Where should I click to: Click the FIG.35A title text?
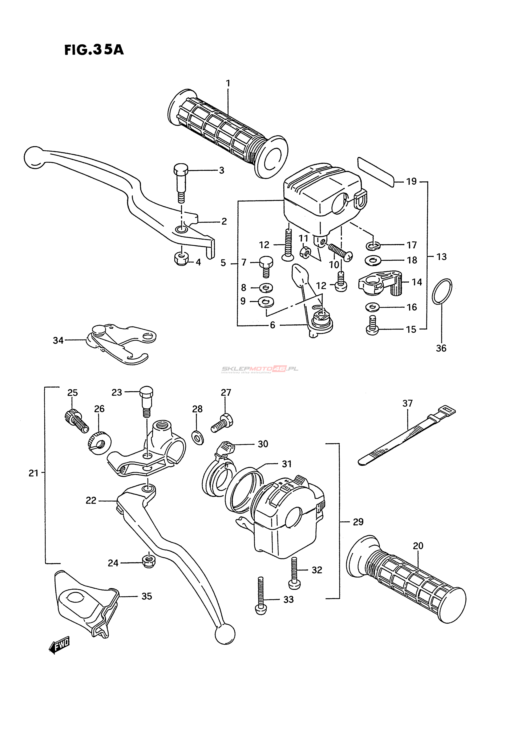tap(94, 50)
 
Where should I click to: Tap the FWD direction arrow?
tap(59, 645)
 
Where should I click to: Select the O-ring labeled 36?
tap(442, 291)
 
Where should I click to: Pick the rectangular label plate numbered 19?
tap(376, 172)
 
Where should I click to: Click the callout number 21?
tap(33, 473)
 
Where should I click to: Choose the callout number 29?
tap(358, 522)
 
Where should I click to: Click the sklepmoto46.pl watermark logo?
tap(260, 369)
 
